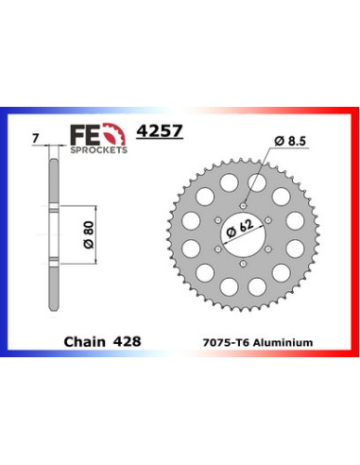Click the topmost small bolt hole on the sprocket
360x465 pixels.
(x=243, y=202)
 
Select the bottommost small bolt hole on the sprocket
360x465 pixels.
(x=243, y=261)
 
